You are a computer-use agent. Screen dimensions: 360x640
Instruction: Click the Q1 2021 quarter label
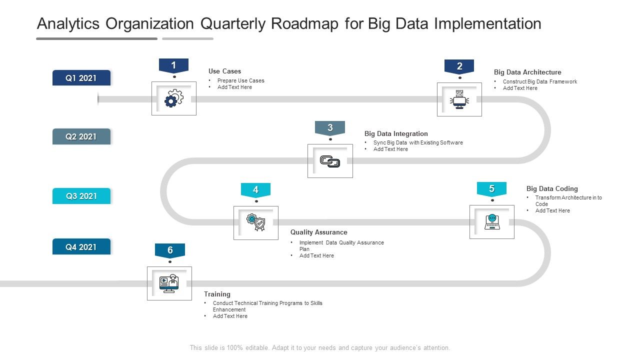(81, 78)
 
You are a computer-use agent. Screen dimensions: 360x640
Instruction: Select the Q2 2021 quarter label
(81, 136)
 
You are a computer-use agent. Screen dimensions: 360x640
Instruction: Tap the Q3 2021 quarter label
(81, 196)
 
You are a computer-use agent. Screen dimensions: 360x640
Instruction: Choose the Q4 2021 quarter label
(81, 247)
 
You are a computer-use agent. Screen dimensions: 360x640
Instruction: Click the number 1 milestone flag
(173, 65)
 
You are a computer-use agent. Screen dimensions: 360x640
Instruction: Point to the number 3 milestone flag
(330, 128)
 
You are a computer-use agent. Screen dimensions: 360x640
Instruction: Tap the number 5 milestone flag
(491, 189)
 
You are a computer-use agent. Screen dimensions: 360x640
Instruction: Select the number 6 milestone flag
(170, 250)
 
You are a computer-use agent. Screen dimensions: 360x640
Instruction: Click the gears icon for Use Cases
(173, 99)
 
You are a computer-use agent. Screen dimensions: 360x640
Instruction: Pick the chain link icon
(330, 161)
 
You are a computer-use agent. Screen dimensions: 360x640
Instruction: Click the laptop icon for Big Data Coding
(492, 222)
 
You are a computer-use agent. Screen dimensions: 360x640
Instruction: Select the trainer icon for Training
(169, 283)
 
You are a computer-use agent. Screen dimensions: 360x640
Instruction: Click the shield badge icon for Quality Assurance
(256, 222)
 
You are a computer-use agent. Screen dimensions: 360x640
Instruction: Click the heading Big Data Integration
(396, 133)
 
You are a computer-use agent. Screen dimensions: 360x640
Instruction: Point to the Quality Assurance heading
(318, 232)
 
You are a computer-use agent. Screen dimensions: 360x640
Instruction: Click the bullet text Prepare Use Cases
(240, 80)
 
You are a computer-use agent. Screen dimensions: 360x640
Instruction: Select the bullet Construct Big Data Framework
(539, 81)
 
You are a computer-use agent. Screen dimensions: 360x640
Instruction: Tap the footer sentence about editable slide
(320, 347)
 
